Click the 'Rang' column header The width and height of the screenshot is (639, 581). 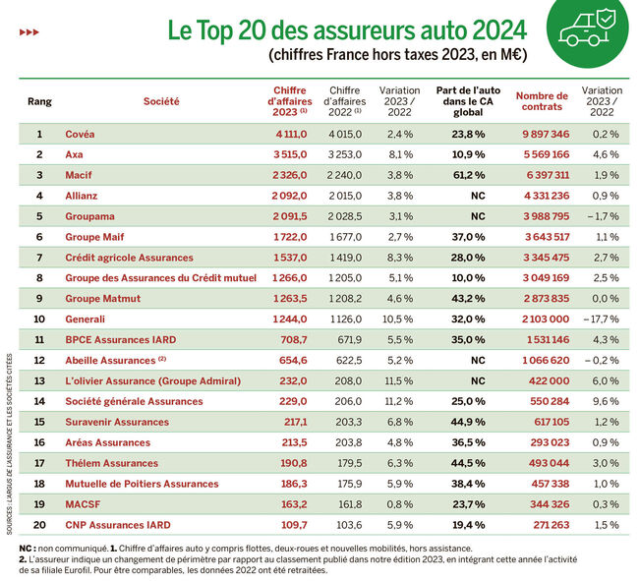[x=39, y=101]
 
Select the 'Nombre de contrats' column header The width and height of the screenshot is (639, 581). [x=542, y=101]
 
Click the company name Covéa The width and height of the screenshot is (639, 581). [x=81, y=134]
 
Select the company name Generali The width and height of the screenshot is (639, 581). [x=87, y=319]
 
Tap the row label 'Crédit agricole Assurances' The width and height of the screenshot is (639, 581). [x=129, y=258]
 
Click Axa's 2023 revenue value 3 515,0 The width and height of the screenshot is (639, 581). [x=288, y=154]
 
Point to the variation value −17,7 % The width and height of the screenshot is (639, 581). [x=602, y=319]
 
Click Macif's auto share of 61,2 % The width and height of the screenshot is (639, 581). [x=465, y=175]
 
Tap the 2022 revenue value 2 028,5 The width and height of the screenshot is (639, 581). [x=344, y=216]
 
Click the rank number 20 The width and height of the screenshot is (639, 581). [x=39, y=524]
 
